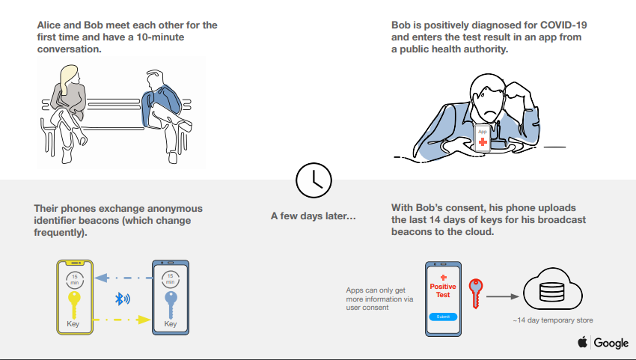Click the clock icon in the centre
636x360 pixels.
pyautogui.click(x=314, y=180)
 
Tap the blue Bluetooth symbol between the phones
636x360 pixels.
pyautogui.click(x=122, y=299)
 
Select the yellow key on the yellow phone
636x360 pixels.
pyautogui.click(x=74, y=305)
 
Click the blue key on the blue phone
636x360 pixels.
pyautogui.click(x=171, y=305)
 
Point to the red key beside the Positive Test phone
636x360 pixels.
pyautogui.click(x=476, y=293)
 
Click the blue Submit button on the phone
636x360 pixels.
pyautogui.click(x=443, y=317)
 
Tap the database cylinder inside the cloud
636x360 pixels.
pyautogui.click(x=551, y=292)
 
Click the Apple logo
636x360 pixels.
pyautogui.click(x=582, y=342)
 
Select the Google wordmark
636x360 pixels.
pyautogui.click(x=611, y=344)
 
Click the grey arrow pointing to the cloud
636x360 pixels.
pyautogui.click(x=503, y=296)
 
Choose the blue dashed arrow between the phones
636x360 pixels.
pyautogui.click(x=123, y=278)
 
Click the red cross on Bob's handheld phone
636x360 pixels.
pyautogui.click(x=483, y=141)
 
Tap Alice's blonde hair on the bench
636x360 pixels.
pyautogui.click(x=68, y=77)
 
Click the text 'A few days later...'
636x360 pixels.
pyautogui.click(x=313, y=216)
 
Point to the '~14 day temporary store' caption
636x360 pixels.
pyautogui.click(x=553, y=320)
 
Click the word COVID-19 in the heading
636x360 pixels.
pyautogui.click(x=563, y=25)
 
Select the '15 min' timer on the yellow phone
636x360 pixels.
pyautogui.click(x=75, y=280)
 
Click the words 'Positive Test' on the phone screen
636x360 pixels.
pyautogui.click(x=443, y=290)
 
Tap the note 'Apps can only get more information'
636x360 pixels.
pyautogui.click(x=379, y=295)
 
